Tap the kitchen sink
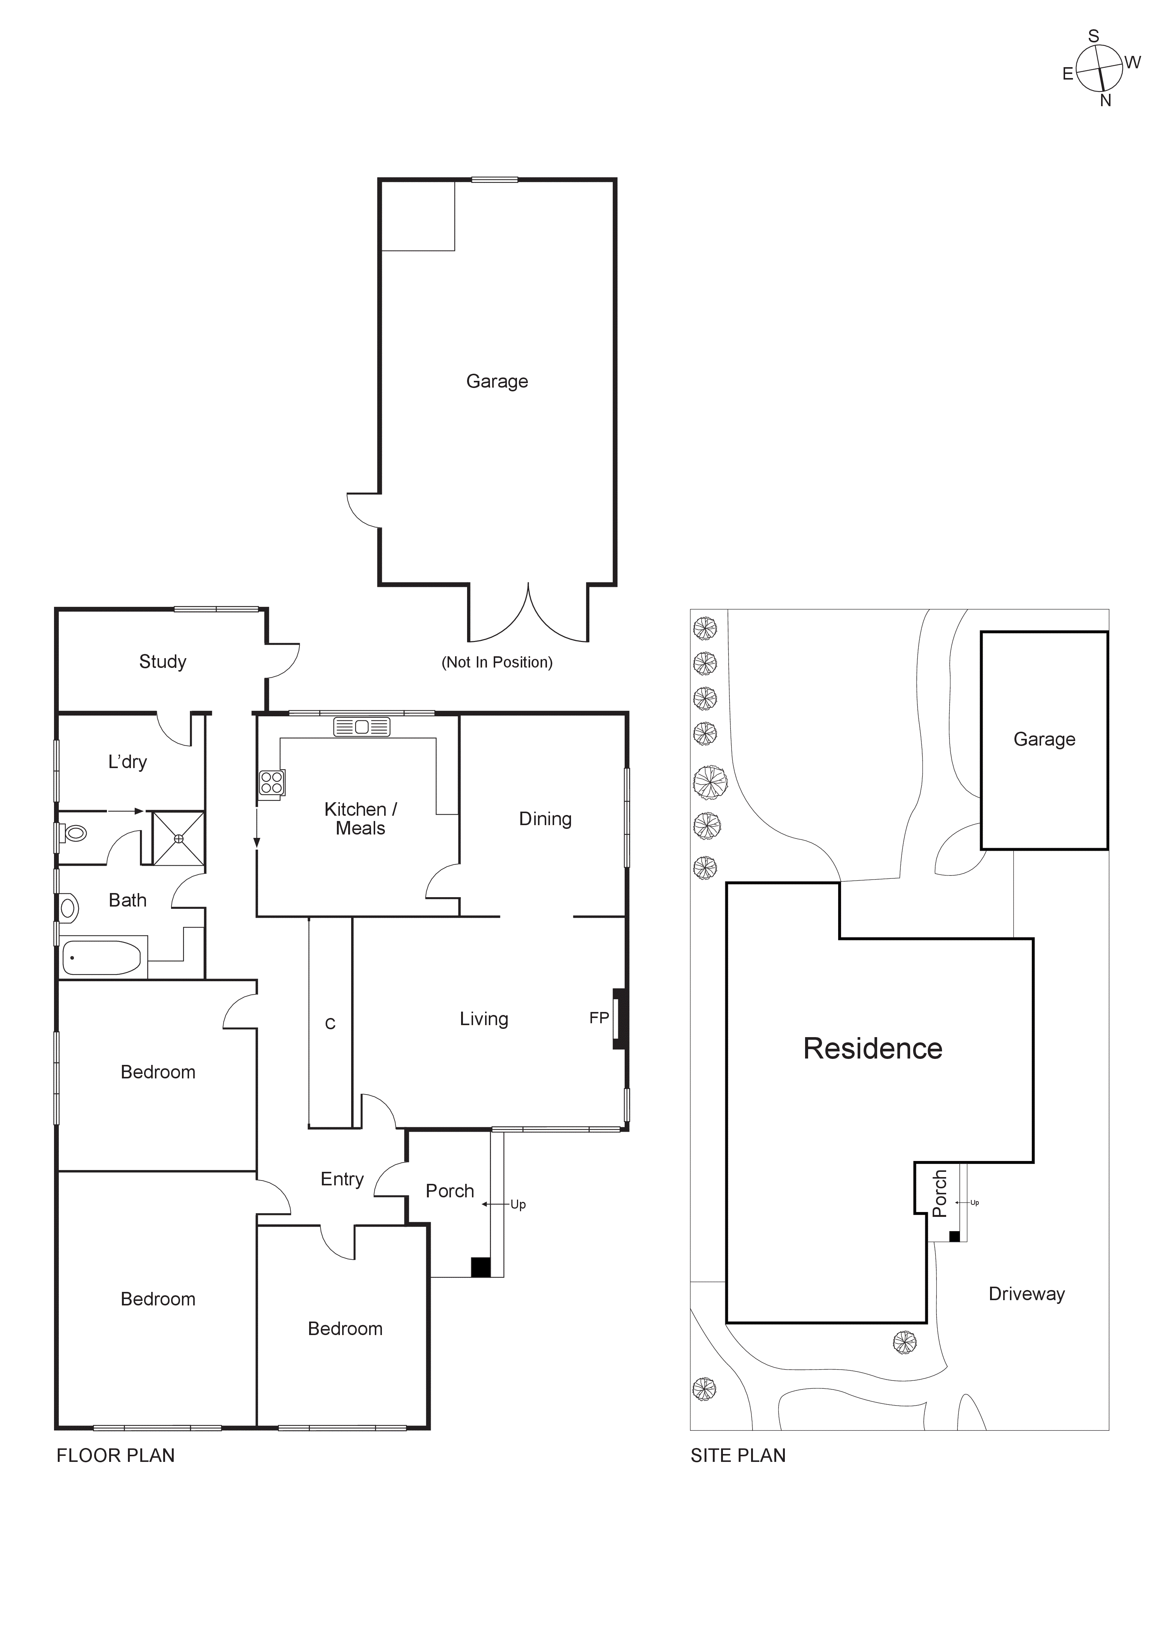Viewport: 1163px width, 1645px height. tap(362, 727)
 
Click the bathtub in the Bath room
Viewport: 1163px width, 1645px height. tap(102, 958)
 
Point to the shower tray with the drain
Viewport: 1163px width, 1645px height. tap(178, 838)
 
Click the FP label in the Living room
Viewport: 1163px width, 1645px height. tap(599, 1017)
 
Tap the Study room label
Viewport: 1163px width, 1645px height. tap(162, 661)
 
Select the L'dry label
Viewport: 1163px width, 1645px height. tap(128, 762)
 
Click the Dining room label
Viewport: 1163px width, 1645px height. tap(545, 819)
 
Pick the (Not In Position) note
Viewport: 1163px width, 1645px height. tap(497, 662)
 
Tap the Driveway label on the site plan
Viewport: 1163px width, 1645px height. tap(1026, 1294)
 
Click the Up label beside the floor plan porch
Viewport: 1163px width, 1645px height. tap(518, 1204)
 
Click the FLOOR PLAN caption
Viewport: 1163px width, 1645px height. tap(115, 1455)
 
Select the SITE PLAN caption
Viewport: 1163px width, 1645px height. tap(738, 1455)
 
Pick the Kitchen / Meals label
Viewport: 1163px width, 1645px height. tap(360, 819)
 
